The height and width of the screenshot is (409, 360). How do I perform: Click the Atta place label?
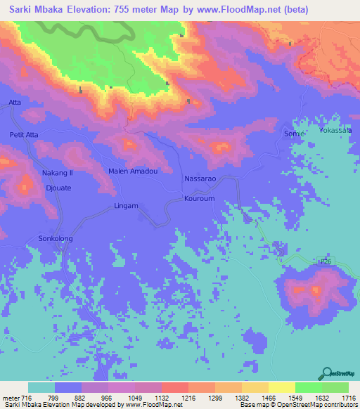point(15,103)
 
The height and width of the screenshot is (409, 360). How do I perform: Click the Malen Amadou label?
point(131,171)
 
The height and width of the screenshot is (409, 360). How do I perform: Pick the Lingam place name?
point(125,206)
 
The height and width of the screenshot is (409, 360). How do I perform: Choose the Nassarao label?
point(199,179)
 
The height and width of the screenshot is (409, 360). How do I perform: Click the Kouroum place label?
point(199,199)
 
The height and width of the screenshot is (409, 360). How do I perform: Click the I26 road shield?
point(324,261)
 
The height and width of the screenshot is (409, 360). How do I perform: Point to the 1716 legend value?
point(348,397)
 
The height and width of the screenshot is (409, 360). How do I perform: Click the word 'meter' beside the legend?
point(11,397)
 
